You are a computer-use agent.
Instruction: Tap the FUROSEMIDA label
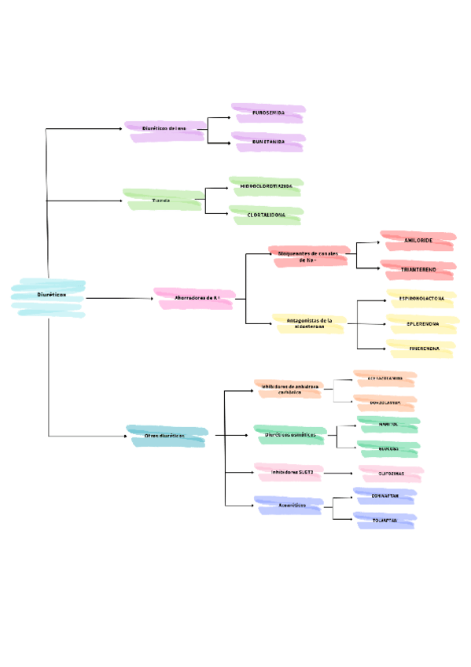pos(268,113)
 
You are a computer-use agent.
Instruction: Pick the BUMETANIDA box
pos(268,142)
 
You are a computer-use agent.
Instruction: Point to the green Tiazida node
pos(162,201)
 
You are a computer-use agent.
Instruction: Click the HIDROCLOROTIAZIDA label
pos(266,186)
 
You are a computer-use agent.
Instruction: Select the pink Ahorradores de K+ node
pos(194,298)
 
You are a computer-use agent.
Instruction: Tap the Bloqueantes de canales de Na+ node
pos(307,256)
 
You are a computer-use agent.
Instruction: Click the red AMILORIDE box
pos(418,239)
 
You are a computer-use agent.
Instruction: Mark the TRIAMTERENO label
pos(418,270)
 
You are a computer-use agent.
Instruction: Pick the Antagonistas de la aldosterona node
pos(307,323)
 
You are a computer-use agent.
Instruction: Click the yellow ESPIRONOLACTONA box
pos(421,299)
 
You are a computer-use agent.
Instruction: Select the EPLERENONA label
pos(422,323)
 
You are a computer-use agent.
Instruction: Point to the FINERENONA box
pos(422,347)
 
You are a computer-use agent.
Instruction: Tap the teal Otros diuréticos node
pos(166,435)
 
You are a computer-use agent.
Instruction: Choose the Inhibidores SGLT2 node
pos(286,473)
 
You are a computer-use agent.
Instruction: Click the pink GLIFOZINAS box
pos(391,474)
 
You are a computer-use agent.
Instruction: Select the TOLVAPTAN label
pos(385,520)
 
